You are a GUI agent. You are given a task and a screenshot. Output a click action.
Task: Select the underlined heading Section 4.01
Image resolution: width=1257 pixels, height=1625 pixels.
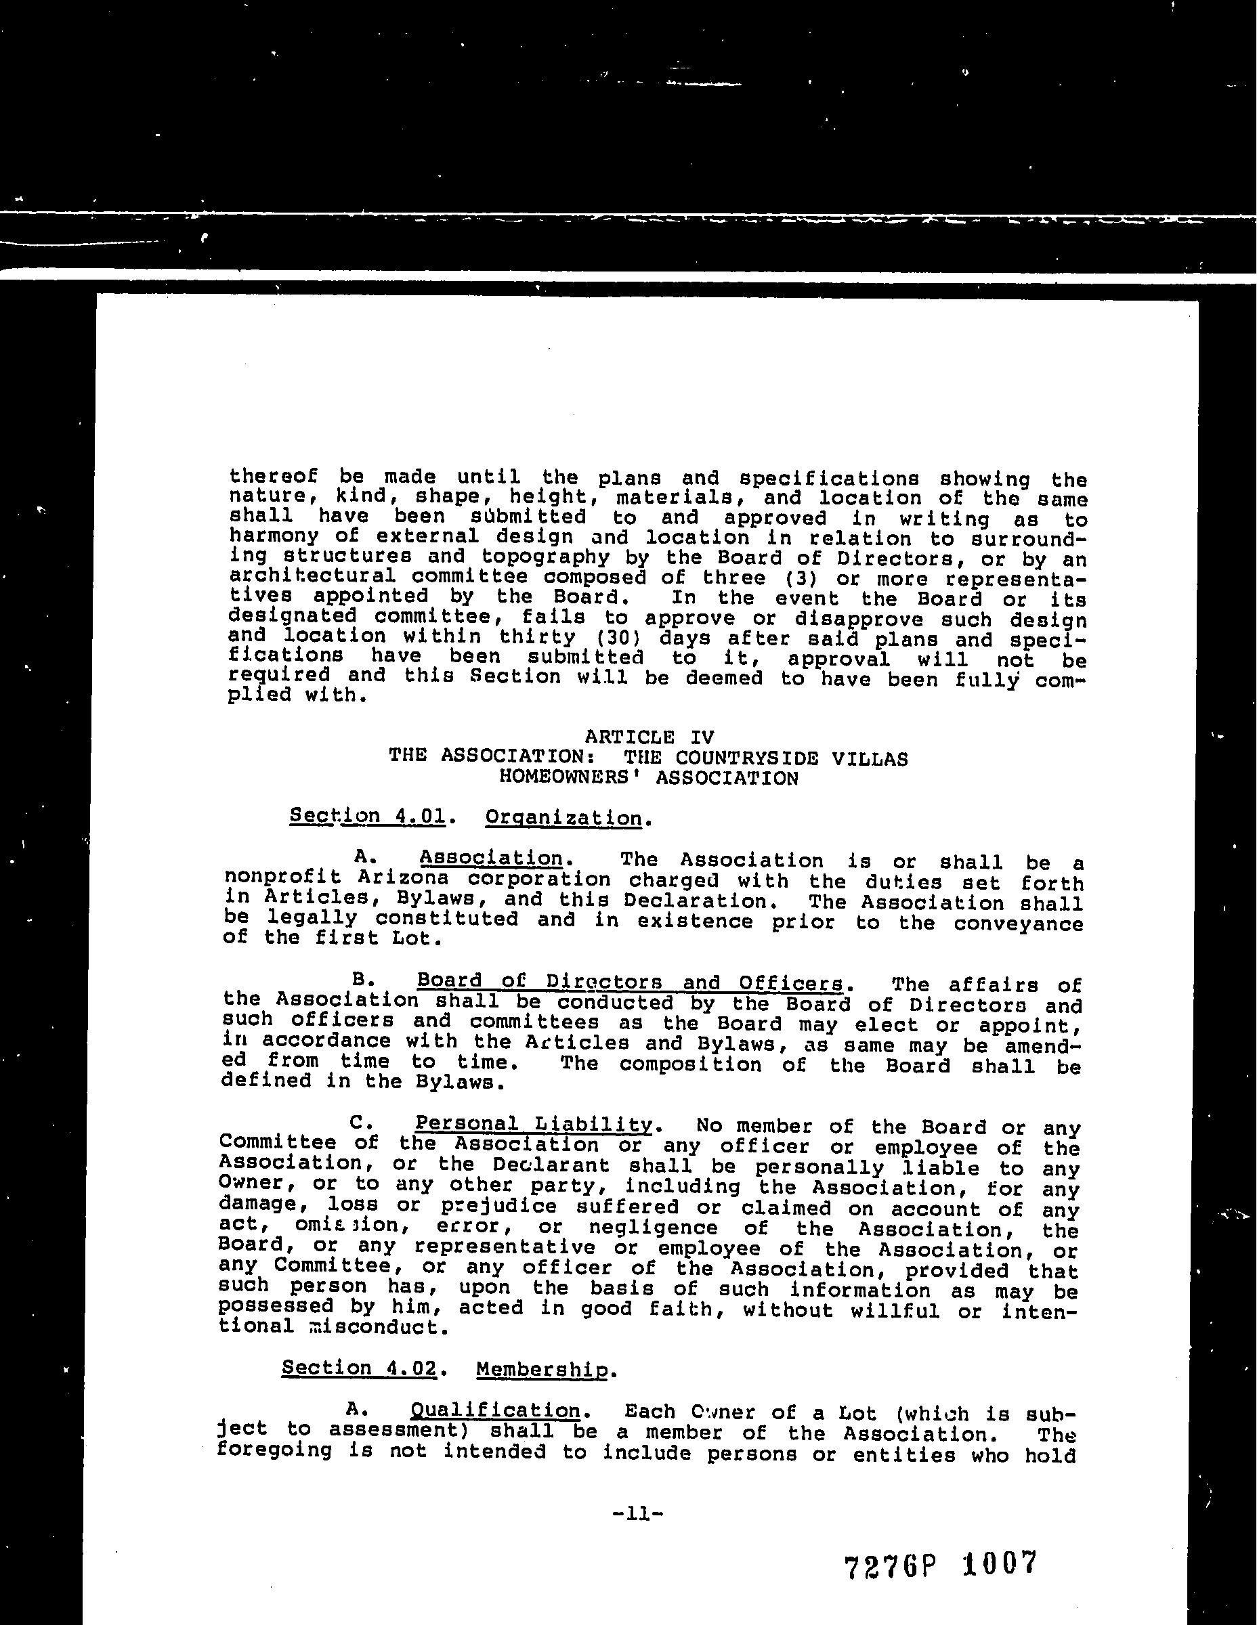[368, 816]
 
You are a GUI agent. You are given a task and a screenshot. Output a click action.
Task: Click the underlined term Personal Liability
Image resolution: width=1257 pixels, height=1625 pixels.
[534, 1123]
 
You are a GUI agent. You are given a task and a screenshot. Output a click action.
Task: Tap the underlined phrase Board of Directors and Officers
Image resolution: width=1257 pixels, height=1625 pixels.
[631, 982]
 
